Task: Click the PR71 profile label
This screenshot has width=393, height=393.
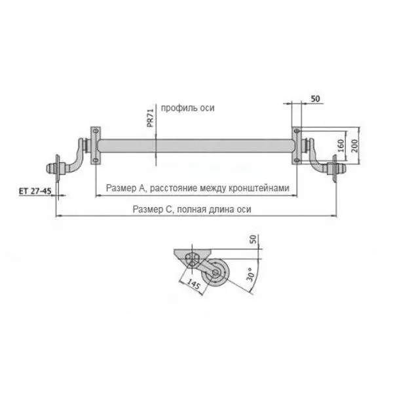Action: click(150, 118)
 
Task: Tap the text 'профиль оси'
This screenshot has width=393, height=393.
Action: click(187, 108)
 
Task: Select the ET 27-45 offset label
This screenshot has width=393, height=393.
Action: click(35, 191)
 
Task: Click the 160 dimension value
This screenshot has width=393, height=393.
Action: click(341, 146)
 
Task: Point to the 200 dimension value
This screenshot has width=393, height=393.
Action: click(354, 146)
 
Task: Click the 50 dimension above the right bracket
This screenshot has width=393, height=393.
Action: click(315, 99)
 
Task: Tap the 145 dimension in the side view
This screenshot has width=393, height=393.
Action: click(193, 285)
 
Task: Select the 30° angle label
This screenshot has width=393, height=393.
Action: click(251, 274)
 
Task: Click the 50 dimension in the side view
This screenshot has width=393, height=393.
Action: click(253, 239)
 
